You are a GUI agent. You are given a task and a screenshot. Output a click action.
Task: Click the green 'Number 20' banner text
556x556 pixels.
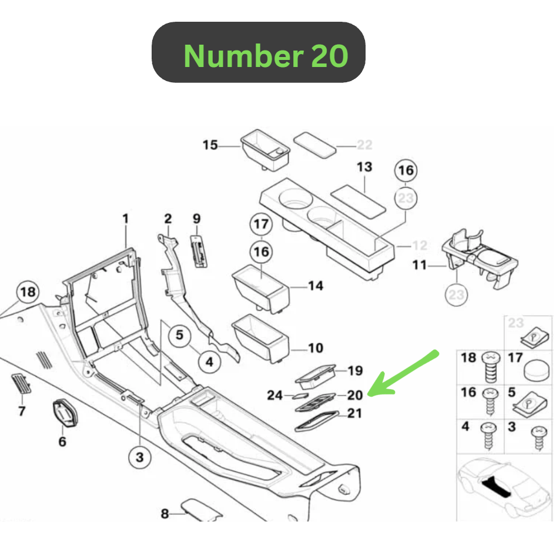coord(266,56)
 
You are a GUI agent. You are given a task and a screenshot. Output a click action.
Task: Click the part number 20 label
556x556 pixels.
coord(355,395)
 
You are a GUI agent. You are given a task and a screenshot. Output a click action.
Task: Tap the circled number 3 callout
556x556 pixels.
coord(140,457)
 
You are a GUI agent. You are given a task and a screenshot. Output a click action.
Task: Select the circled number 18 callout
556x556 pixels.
coord(28,292)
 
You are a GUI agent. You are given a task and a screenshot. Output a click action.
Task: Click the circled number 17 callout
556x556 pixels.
coord(261,224)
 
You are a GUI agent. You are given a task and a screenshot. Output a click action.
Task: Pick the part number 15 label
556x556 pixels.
coord(210,145)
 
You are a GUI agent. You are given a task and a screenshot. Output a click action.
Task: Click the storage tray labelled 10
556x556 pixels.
coord(260,339)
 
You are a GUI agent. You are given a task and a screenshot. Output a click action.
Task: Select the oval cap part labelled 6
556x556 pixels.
coord(65,413)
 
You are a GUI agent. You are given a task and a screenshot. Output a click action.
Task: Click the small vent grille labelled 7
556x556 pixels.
coord(21,384)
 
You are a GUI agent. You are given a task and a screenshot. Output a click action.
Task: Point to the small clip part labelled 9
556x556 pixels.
coord(199,251)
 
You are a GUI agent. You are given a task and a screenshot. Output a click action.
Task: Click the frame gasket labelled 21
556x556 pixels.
coord(317,421)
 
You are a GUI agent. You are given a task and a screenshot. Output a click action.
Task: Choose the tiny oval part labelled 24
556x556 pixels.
coord(300,396)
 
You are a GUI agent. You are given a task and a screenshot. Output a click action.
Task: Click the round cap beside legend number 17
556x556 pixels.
coord(537,370)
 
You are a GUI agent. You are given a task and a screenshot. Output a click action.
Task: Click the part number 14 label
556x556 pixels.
coord(316,286)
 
